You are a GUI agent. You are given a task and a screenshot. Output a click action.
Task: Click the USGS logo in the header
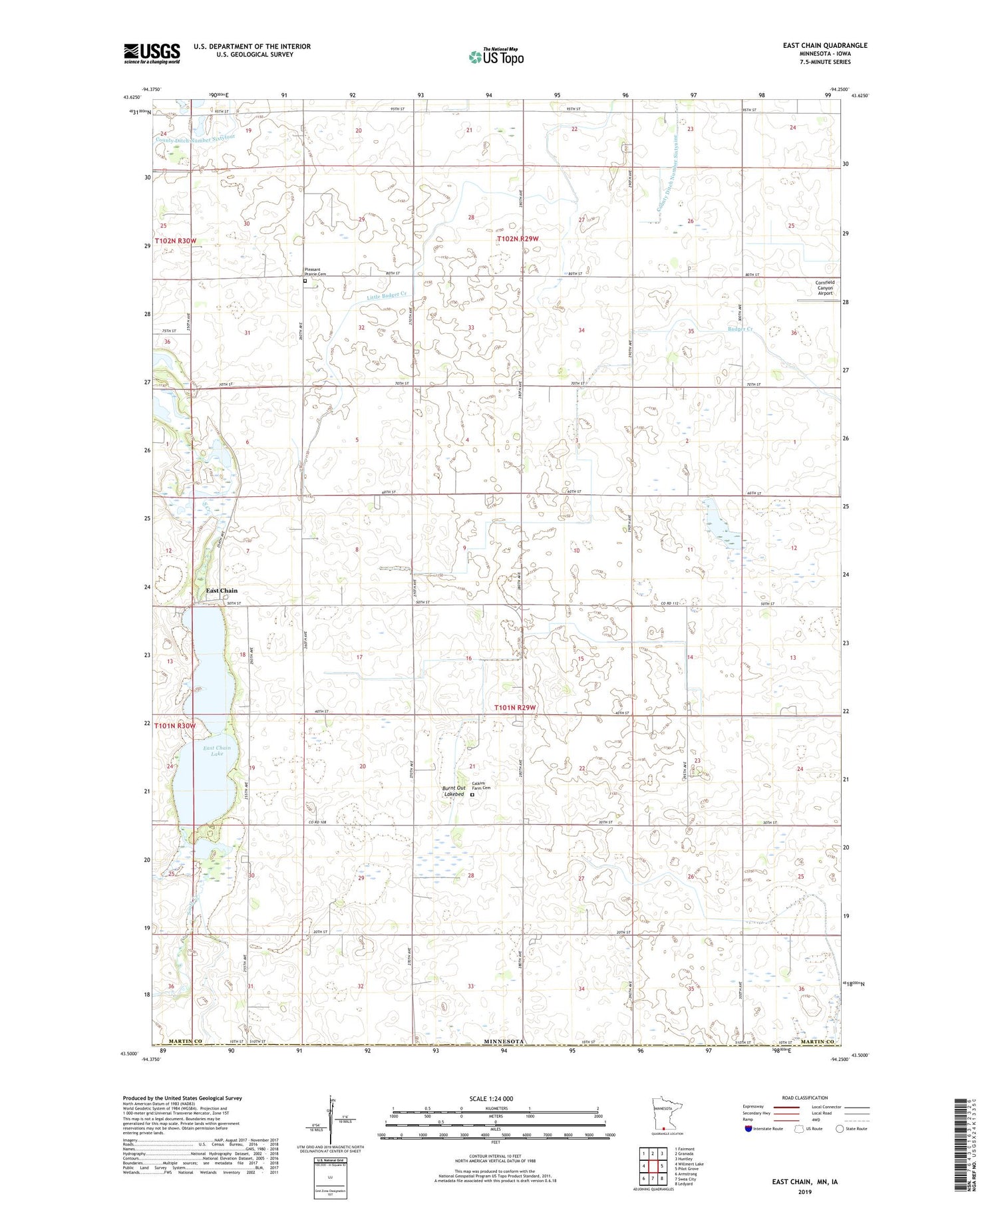pyautogui.click(x=152, y=53)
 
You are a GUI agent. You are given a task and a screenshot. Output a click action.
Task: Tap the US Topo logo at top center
pyautogui.click(x=496, y=57)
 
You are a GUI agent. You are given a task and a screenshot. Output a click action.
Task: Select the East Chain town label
pyautogui.click(x=221, y=591)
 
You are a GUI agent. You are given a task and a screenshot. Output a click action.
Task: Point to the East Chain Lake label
pyautogui.click(x=217, y=751)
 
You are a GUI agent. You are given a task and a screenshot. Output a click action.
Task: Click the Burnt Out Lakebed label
pyautogui.click(x=454, y=791)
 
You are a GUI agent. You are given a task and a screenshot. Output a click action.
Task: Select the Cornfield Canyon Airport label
pyautogui.click(x=825, y=287)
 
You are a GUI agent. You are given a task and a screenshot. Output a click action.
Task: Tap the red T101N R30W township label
pyautogui.click(x=175, y=726)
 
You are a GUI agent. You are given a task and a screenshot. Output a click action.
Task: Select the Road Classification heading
pyautogui.click(x=805, y=1098)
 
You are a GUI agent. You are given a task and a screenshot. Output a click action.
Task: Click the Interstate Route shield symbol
pyautogui.click(x=748, y=1129)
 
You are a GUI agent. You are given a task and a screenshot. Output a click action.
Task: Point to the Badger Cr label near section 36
pyautogui.click(x=740, y=329)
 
